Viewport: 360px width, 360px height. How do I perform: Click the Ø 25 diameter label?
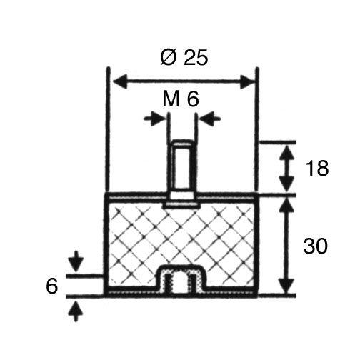point(184,57)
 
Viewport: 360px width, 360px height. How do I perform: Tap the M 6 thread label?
point(181,99)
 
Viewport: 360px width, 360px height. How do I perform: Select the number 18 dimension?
point(317,169)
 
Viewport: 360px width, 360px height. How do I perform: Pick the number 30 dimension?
point(316,246)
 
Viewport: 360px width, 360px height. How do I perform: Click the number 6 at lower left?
point(51,286)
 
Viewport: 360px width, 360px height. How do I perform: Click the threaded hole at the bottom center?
point(182,281)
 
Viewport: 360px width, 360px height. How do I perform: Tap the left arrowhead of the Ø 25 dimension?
point(119,82)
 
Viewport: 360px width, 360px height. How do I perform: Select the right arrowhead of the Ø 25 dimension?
point(247,82)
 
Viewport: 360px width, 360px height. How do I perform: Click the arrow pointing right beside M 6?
point(155,118)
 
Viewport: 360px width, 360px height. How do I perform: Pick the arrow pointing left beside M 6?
point(210,118)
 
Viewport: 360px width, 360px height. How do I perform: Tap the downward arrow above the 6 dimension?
point(76,261)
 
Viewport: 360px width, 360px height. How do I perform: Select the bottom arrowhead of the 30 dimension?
point(286,286)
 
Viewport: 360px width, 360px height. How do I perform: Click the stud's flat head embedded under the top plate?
point(182,206)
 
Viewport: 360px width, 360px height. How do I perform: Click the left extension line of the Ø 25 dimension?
point(107,131)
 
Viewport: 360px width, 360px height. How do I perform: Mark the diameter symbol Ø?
point(169,58)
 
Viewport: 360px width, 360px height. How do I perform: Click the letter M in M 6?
point(171,99)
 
